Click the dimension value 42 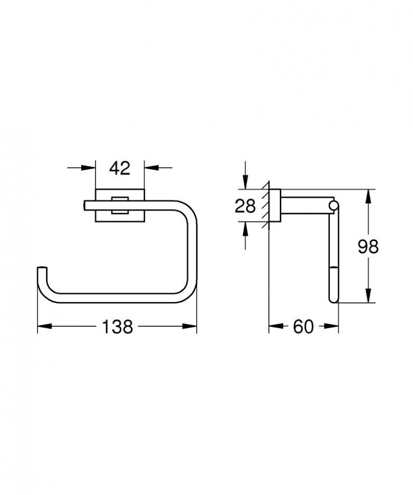(x=120, y=168)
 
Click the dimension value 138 (x=118, y=327)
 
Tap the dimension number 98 (x=368, y=247)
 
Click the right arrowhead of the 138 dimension (x=192, y=327)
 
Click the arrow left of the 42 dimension (x=91, y=167)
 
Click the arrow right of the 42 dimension (x=150, y=167)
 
